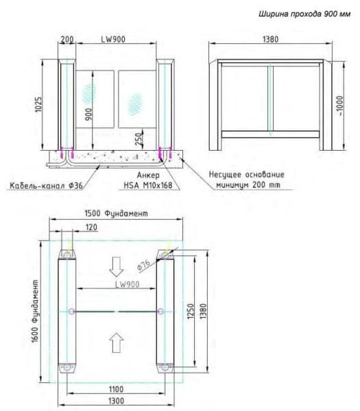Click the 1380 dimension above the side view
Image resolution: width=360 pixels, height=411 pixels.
tap(270, 40)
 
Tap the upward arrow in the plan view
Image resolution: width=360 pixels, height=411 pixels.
tap(117, 338)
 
